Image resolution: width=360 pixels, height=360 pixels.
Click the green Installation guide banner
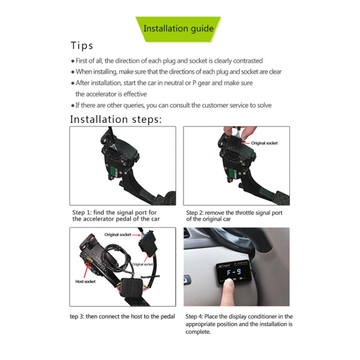(x=178, y=28)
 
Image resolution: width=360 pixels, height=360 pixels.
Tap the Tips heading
(x=82, y=46)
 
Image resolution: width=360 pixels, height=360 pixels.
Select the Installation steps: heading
(x=116, y=119)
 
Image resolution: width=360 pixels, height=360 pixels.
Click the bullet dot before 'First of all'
(x=73, y=61)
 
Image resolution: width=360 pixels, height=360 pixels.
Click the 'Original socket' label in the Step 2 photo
(x=264, y=143)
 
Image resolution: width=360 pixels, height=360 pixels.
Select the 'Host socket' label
(x=85, y=282)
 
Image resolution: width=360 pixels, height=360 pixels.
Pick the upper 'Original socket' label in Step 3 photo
(x=118, y=234)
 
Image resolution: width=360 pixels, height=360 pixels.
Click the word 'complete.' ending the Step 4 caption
(x=198, y=332)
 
